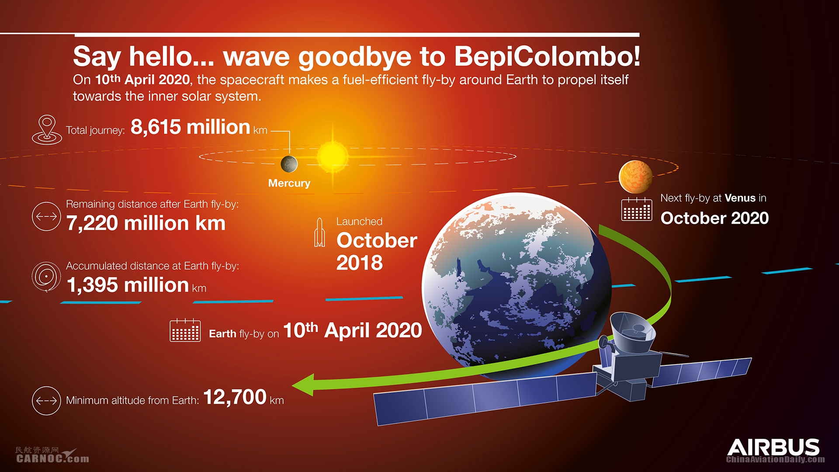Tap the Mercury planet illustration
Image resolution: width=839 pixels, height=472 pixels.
pyautogui.click(x=289, y=164)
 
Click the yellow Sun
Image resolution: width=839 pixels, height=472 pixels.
pyautogui.click(x=333, y=156)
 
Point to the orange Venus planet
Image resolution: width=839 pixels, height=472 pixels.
pyautogui.click(x=636, y=177)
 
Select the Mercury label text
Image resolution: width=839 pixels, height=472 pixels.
pyautogui.click(x=289, y=183)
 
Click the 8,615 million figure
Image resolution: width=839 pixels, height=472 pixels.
pyautogui.click(x=191, y=127)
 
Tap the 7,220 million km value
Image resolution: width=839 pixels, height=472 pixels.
pyautogui.click(x=146, y=223)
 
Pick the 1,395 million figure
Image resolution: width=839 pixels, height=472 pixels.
pyautogui.click(x=128, y=285)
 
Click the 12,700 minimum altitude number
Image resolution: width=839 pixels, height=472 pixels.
pyautogui.click(x=235, y=397)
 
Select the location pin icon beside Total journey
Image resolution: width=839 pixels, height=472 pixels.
pyautogui.click(x=47, y=130)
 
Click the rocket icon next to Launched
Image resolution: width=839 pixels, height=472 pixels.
pyautogui.click(x=319, y=233)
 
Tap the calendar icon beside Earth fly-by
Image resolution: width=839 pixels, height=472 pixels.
pyautogui.click(x=185, y=330)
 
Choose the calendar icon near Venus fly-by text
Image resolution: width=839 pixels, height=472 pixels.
pyautogui.click(x=637, y=209)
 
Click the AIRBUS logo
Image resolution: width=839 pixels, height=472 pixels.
pyautogui.click(x=773, y=448)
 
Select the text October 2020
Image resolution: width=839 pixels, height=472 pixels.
pyautogui.click(x=714, y=218)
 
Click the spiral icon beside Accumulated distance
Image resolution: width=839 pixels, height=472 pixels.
pyautogui.click(x=46, y=277)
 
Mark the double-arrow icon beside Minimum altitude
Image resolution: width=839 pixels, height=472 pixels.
pyautogui.click(x=46, y=400)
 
